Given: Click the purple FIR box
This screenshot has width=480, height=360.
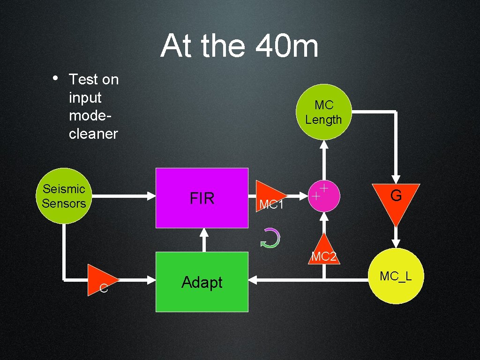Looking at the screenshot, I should [x=202, y=198].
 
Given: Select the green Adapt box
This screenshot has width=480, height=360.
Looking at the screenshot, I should [x=202, y=282].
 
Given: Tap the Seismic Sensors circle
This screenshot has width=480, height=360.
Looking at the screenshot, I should [x=64, y=196].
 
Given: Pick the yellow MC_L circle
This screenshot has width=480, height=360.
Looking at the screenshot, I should [x=396, y=276].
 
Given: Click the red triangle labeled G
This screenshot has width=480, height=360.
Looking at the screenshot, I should [x=396, y=199].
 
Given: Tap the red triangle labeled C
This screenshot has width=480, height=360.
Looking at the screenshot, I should [x=103, y=281].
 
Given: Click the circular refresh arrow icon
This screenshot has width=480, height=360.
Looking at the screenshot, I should [x=270, y=239].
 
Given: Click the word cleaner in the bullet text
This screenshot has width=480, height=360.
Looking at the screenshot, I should [x=93, y=134].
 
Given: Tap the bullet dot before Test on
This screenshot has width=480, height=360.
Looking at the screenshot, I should [x=55, y=78].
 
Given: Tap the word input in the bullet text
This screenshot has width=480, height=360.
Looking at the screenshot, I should [x=85, y=97].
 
